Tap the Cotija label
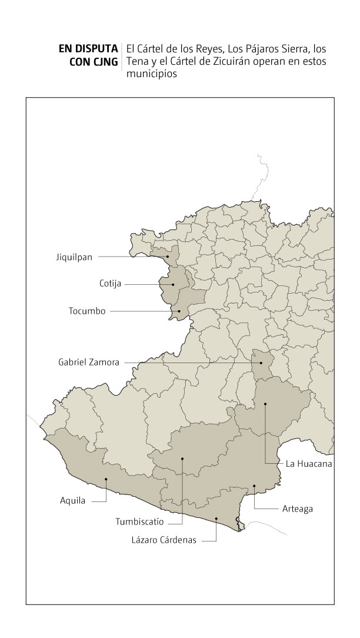pyautogui.click(x=110, y=284)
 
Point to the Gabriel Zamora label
pyautogui.click(x=89, y=363)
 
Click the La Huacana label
pyautogui.click(x=309, y=464)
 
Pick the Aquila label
pyautogui.click(x=72, y=501)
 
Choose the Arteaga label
pyautogui.click(x=297, y=509)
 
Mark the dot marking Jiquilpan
pyautogui.click(x=168, y=257)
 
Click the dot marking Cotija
pyautogui.click(x=173, y=285)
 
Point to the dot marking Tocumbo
pyautogui.click(x=179, y=311)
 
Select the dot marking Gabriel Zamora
pyautogui.click(x=261, y=363)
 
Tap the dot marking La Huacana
pyautogui.click(x=265, y=403)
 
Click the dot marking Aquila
pyautogui.click(x=106, y=479)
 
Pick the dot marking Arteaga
pyautogui.click(x=254, y=486)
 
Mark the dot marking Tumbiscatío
pyautogui.click(x=182, y=458)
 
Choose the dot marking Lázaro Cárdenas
pyautogui.click(x=216, y=519)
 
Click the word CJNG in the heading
pyautogui.click(x=103, y=62)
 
